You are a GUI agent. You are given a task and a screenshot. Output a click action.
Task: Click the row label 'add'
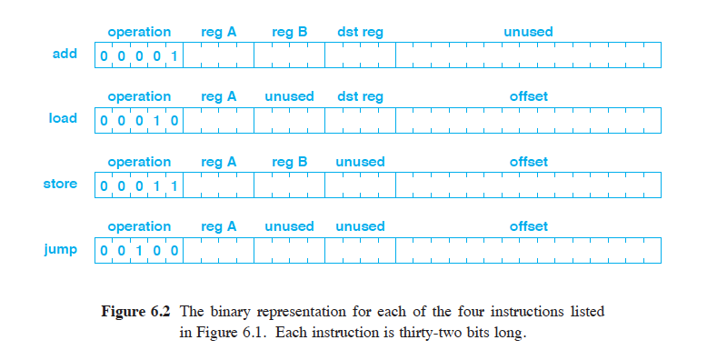pyautogui.click(x=65, y=54)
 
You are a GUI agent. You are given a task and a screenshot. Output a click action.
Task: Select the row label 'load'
pyautogui.click(x=63, y=118)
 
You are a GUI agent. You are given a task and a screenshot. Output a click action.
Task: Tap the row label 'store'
pyautogui.click(x=61, y=184)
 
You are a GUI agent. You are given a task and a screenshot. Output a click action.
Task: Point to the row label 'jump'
pyautogui.click(x=61, y=248)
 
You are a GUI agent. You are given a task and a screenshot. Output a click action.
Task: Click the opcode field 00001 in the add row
pyautogui.click(x=139, y=56)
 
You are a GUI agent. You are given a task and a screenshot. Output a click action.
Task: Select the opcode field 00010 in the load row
pyautogui.click(x=139, y=121)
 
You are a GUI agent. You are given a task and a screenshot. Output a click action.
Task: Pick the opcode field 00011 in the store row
pyautogui.click(x=139, y=186)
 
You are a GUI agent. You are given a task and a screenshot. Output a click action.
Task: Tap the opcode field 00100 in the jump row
pyautogui.click(x=139, y=251)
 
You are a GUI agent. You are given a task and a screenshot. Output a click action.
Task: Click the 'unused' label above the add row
pyautogui.click(x=528, y=33)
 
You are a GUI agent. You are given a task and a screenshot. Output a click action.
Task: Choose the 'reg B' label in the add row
pyautogui.click(x=289, y=33)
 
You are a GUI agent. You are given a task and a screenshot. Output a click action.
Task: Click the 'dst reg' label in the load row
pyautogui.click(x=360, y=96)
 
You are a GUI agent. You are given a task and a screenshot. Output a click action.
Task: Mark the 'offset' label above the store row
pyautogui.click(x=528, y=162)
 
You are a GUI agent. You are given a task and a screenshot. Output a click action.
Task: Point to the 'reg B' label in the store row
pyautogui.click(x=289, y=162)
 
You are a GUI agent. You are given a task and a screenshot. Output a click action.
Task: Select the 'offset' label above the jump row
pyautogui.click(x=528, y=226)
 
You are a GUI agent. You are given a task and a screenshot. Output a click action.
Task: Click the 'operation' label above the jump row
pyautogui.click(x=139, y=226)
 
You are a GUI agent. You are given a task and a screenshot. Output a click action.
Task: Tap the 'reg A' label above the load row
pyautogui.click(x=218, y=96)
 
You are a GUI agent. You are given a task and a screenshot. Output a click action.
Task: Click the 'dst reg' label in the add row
pyautogui.click(x=360, y=33)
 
